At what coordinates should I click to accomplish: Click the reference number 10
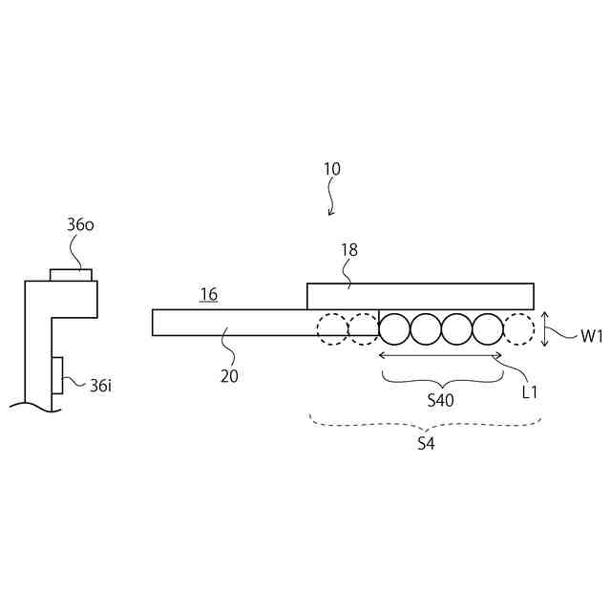tap(331, 169)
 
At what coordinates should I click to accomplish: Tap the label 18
tap(349, 249)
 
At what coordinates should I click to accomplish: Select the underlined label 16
tap(208, 295)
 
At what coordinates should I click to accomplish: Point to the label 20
tap(229, 376)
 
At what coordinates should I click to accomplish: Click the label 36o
tap(80, 225)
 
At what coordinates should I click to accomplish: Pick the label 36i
tap(101, 386)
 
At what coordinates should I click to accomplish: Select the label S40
tap(440, 401)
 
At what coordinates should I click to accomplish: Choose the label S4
tap(427, 444)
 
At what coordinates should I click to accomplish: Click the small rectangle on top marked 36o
tap(72, 275)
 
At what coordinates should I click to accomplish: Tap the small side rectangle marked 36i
tap(58, 375)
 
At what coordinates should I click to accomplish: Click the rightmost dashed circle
tap(518, 329)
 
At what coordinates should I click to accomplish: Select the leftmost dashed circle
tap(333, 329)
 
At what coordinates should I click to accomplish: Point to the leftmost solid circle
tap(394, 329)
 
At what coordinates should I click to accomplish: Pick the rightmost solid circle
tap(487, 329)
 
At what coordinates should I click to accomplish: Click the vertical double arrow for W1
tap(544, 330)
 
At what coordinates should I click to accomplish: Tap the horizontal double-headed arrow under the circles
tap(440, 356)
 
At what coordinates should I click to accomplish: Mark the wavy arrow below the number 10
tap(331, 199)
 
